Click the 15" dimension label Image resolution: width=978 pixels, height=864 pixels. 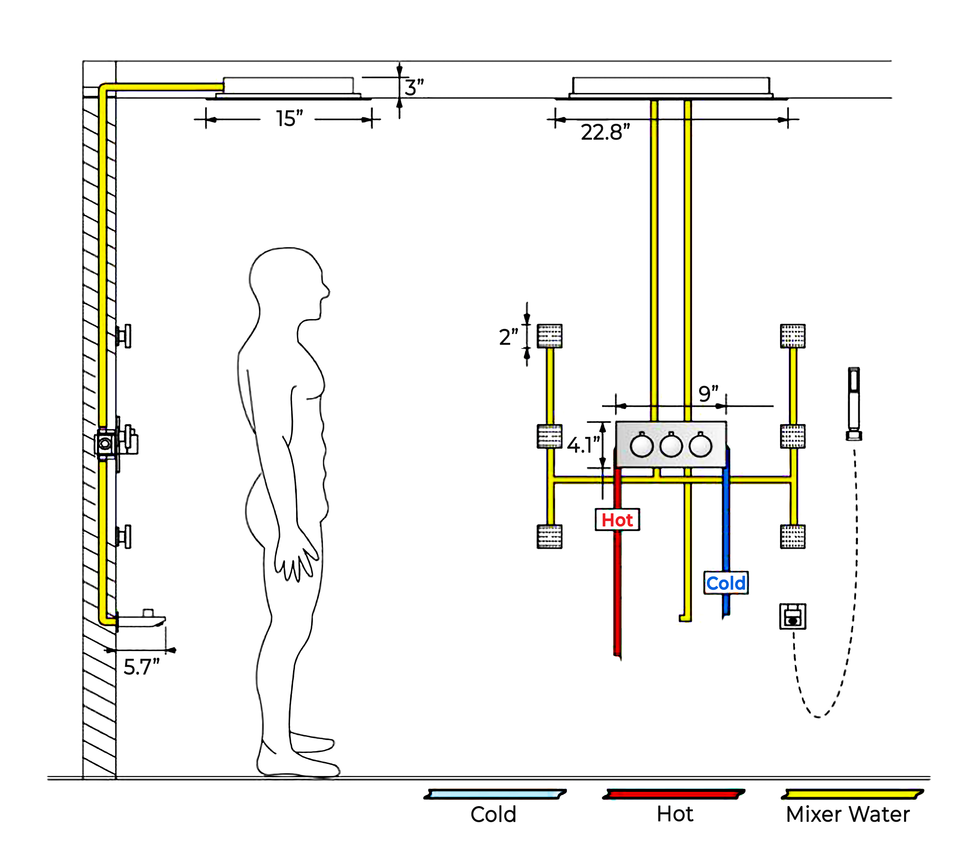289,119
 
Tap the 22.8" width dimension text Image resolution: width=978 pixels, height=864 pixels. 605,133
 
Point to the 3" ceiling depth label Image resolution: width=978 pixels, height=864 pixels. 414,88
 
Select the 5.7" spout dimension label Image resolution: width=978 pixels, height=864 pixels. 141,667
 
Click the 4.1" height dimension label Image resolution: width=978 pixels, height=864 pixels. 583,445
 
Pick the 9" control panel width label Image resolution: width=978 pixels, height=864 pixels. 708,394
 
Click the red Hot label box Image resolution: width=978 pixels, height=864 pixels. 617,520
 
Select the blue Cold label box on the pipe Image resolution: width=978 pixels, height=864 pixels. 725,583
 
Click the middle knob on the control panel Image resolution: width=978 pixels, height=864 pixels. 671,446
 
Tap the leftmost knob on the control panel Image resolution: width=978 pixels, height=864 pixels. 642,446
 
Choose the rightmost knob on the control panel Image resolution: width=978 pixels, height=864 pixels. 701,446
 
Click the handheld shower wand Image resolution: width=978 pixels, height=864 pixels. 854,403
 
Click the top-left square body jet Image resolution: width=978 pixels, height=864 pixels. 549,336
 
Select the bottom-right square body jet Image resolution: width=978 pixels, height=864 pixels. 793,536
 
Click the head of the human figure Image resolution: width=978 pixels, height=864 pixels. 287,282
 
